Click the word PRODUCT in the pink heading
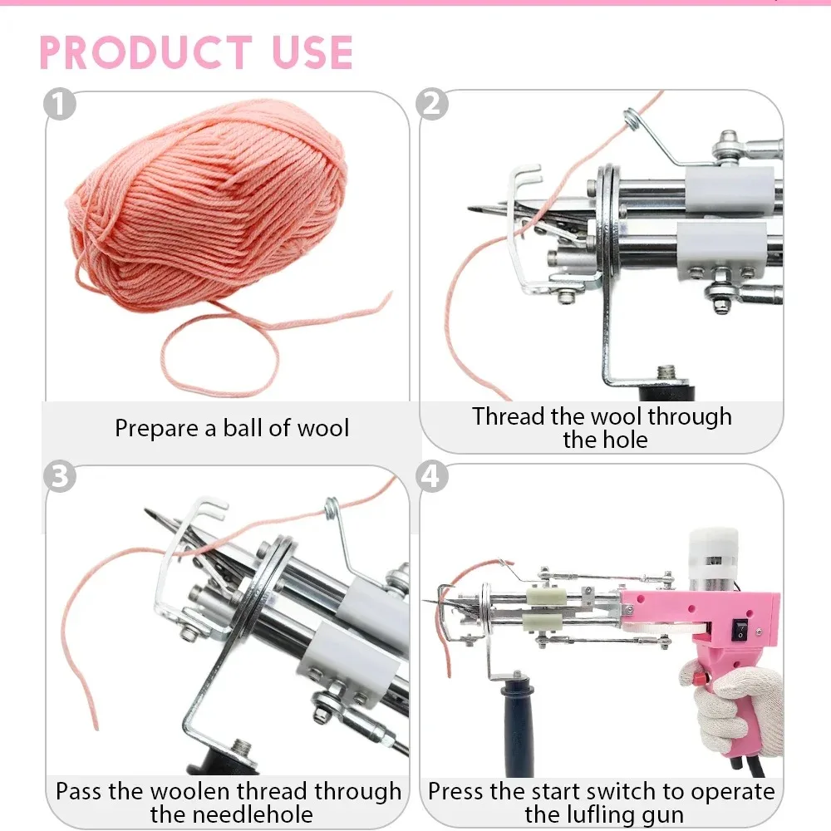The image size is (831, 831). tap(145, 52)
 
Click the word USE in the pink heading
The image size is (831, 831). tap(312, 52)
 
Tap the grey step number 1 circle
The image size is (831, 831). tap(59, 104)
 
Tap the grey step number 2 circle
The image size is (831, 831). tap(432, 104)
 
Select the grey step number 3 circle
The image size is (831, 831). tap(59, 476)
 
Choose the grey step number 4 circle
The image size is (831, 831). tap(432, 476)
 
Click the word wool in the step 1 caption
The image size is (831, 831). tap(322, 428)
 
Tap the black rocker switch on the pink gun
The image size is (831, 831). tap(740, 630)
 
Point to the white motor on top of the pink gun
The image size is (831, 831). tap(713, 559)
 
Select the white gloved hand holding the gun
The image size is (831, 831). tap(736, 705)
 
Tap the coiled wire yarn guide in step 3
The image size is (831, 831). tap(332, 509)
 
